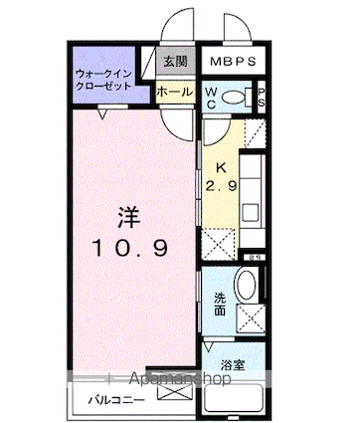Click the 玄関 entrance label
(175, 61)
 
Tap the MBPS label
(235, 61)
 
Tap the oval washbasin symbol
(246, 284)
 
